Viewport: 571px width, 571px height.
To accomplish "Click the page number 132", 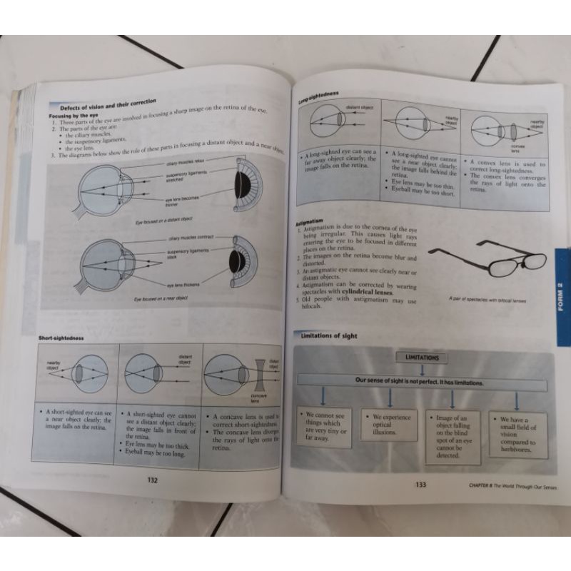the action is (x=151, y=480).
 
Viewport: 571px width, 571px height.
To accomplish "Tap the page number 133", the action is (x=420, y=485).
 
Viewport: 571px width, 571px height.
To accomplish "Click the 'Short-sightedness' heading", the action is (x=64, y=335).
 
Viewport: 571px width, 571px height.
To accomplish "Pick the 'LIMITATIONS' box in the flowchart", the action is (x=422, y=357).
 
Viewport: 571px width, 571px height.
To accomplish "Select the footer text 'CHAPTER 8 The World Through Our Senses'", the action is (x=507, y=486).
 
